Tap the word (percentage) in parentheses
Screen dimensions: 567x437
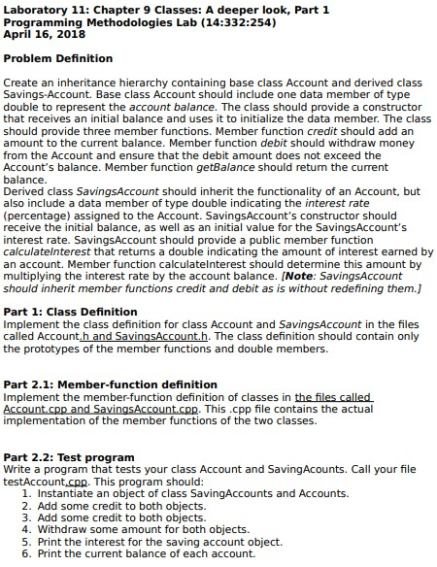click(38, 217)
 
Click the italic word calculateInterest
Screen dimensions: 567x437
click(49, 251)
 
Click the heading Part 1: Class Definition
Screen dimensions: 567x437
click(71, 312)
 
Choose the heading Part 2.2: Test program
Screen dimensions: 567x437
click(70, 457)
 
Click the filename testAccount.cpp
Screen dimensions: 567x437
click(48, 482)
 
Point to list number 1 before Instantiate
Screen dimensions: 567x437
click(26, 493)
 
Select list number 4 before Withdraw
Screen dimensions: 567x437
click(26, 529)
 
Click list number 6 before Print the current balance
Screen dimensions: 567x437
click(26, 553)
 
